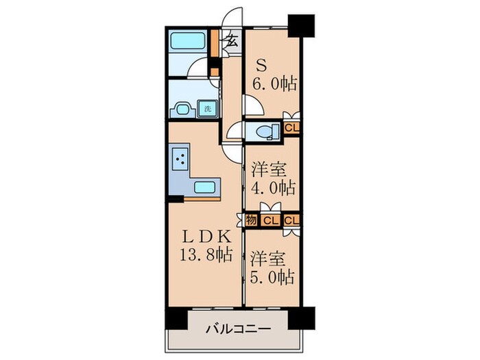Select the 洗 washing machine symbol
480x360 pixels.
206,108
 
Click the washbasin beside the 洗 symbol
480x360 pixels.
183,108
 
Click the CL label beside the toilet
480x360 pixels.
291,128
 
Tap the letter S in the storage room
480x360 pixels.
261,65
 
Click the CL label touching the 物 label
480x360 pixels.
269,219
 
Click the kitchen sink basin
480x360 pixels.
206,187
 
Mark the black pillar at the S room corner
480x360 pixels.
300,25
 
